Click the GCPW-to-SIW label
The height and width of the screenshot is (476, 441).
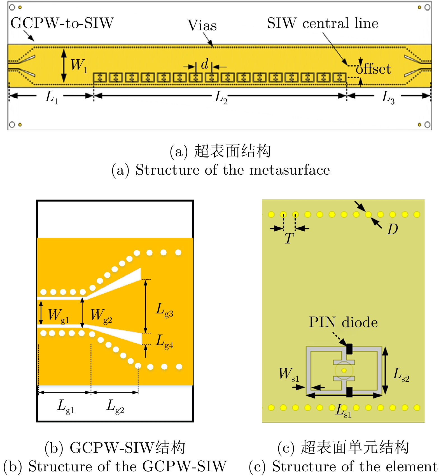pos(62,23)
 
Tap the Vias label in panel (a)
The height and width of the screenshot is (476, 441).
pos(202,25)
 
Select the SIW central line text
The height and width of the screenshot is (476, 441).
pos(323,23)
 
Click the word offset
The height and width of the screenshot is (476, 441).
pos(373,69)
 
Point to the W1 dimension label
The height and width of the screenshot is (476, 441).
pos(79,65)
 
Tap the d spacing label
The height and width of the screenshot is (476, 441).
pos(205,64)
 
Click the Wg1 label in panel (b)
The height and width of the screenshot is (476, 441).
pos(58,316)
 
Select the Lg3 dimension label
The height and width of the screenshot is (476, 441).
pos(164,310)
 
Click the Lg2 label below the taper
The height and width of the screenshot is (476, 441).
pos(115,406)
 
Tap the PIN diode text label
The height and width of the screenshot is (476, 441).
pos(343,322)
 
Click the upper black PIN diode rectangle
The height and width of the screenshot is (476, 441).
pos(349,349)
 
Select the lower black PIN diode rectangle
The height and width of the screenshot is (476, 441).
pos(349,392)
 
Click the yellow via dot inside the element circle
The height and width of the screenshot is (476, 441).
pos(344,371)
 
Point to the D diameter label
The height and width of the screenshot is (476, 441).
pos(393,229)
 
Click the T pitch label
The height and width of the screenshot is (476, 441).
pos(289,238)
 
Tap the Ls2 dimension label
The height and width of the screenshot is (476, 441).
pos(401,374)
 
